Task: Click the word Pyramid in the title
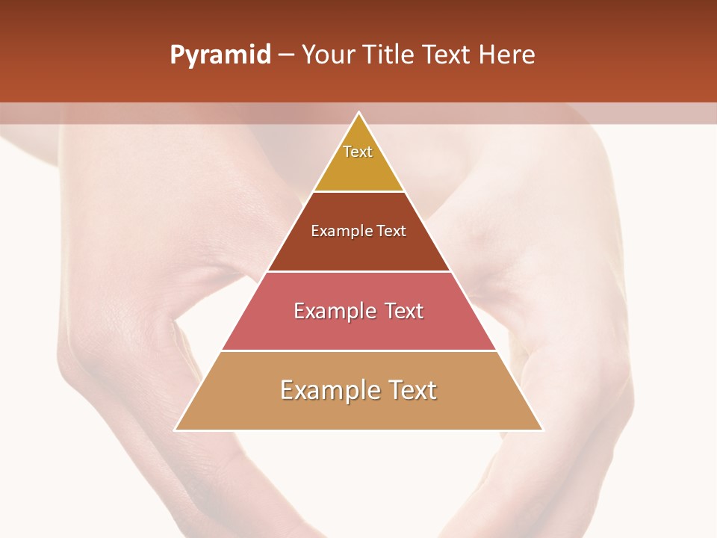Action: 220,55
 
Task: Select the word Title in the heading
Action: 391,55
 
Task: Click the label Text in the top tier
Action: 358,152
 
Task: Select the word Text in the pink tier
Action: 404,311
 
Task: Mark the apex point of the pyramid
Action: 359,113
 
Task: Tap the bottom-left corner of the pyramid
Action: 176,430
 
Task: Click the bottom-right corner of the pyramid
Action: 542,430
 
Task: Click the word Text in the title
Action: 448,55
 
